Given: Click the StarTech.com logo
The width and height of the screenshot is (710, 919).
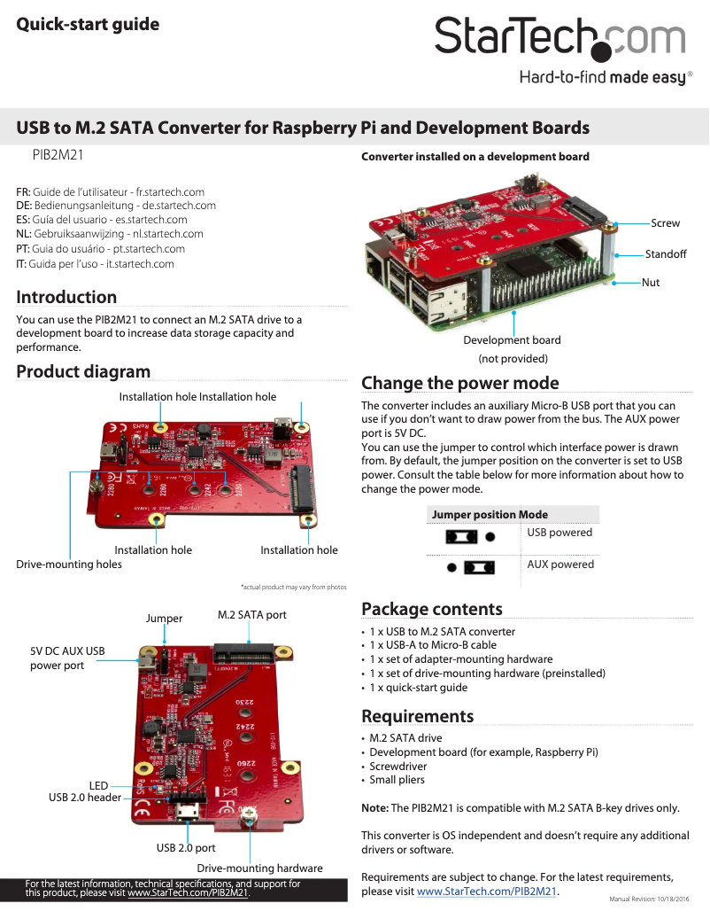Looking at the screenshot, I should click(x=560, y=40).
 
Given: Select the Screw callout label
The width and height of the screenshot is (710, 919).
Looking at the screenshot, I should click(x=665, y=223).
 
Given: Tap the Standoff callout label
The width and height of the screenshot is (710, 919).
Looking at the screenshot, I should click(x=666, y=254).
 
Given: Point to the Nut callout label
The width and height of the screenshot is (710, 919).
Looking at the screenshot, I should click(x=651, y=283).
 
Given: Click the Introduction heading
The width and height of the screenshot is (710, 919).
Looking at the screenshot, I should click(x=66, y=297).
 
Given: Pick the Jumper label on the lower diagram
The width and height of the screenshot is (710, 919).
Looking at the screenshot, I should click(x=164, y=619).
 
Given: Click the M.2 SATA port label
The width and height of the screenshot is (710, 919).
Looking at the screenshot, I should click(x=251, y=615).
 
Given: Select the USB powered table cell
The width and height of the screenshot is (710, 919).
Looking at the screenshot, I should click(x=560, y=533).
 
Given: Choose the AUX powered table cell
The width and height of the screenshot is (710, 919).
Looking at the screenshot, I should click(x=560, y=565).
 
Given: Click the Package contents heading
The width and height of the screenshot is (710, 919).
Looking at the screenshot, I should click(x=431, y=609).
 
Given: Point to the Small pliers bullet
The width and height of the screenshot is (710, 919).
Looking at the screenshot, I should click(x=397, y=780).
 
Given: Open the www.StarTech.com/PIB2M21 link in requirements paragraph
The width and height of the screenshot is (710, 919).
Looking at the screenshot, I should click(x=486, y=891).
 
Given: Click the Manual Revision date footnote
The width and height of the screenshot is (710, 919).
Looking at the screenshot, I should click(x=649, y=900).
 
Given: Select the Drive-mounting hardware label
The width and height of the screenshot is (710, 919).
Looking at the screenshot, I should click(x=259, y=868).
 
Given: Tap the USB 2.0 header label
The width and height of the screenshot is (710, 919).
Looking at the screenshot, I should click(x=85, y=798).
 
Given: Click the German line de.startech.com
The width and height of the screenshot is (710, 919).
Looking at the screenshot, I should click(x=116, y=205).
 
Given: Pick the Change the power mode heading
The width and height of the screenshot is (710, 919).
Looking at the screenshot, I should click(x=459, y=383).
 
